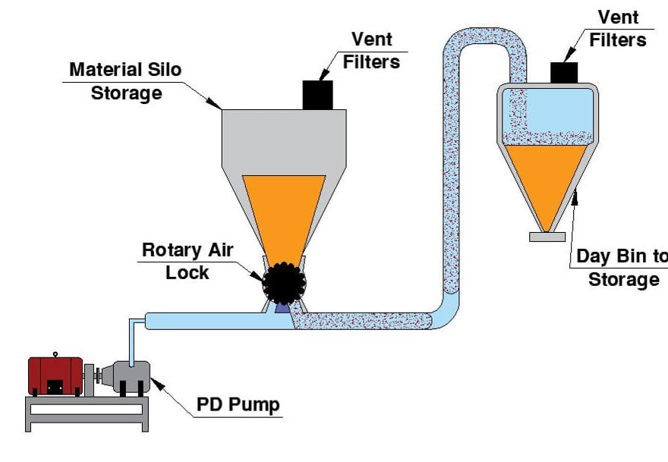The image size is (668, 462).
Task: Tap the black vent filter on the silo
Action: (318, 94)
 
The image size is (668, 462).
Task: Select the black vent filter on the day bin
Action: (564, 72)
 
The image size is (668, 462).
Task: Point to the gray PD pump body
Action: (125, 377)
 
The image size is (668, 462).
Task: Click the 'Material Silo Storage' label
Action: (126, 81)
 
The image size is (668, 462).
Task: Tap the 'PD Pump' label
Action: (238, 404)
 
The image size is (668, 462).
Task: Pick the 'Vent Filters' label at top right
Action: (619, 28)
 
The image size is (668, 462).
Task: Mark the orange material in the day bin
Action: (547, 178)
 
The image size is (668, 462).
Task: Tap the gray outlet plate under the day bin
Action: (547, 237)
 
